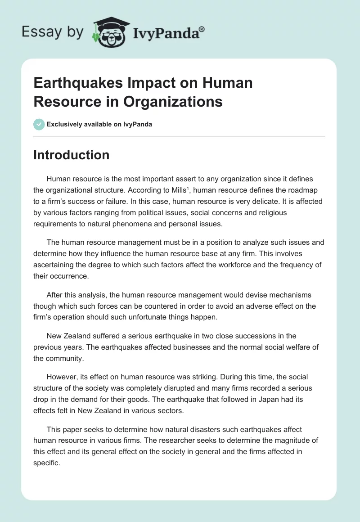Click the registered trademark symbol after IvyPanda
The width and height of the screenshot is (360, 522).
[202, 29]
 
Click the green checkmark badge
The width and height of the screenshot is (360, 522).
[39, 124]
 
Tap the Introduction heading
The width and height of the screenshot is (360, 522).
[71, 155]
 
